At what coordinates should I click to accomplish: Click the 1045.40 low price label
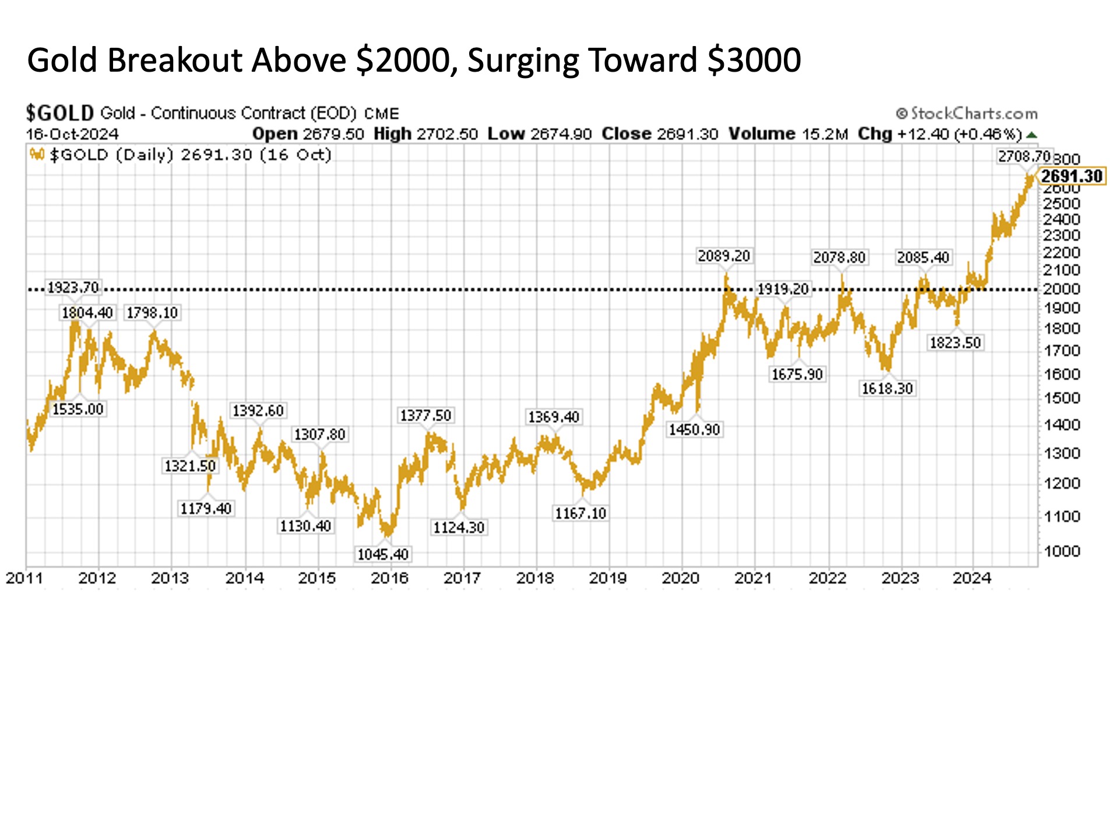[x=383, y=554]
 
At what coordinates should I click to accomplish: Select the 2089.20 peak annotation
[x=724, y=256]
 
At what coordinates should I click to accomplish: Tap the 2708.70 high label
[x=1023, y=156]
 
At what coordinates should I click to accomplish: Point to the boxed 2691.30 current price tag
[x=1072, y=176]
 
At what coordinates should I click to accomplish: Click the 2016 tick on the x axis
[x=390, y=578]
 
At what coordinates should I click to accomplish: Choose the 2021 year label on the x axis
[x=754, y=578]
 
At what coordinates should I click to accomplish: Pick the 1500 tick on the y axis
[x=1061, y=398]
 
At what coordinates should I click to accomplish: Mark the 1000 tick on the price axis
[x=1061, y=551]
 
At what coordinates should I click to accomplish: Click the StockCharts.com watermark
[x=967, y=113]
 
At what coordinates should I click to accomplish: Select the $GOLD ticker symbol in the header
[x=59, y=112]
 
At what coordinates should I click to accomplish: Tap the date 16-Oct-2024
[x=72, y=134]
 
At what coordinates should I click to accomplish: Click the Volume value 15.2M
[x=825, y=134]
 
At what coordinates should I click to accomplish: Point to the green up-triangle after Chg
[x=1032, y=135]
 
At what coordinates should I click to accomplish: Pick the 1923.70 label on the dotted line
[x=73, y=287]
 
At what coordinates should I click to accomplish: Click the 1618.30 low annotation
[x=887, y=389]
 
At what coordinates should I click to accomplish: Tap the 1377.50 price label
[x=425, y=415]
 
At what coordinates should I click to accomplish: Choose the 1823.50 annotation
[x=955, y=343]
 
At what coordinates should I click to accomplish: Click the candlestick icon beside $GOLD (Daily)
[x=37, y=155]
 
